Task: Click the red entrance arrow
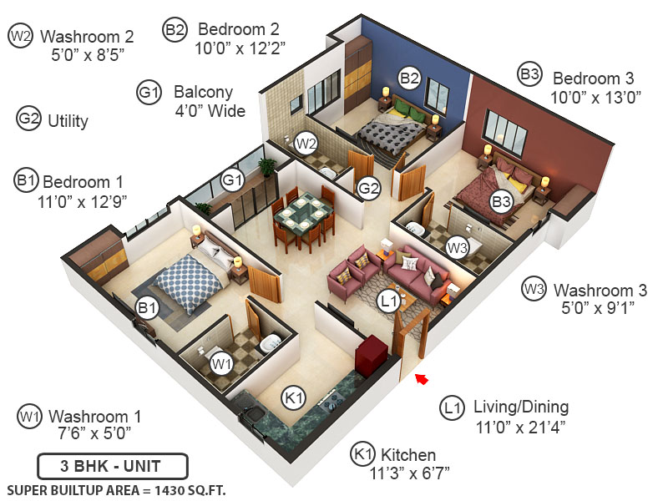tap(422, 381)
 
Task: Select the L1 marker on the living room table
tap(387, 301)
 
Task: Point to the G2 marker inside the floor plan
tap(369, 190)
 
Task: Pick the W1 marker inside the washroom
tap(221, 364)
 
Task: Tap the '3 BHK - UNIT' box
tap(112, 466)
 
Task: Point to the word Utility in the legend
tap(68, 121)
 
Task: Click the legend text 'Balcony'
tap(203, 92)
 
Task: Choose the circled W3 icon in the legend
tap(534, 290)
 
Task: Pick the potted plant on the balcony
tap(267, 165)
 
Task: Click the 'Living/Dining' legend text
tap(521, 407)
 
